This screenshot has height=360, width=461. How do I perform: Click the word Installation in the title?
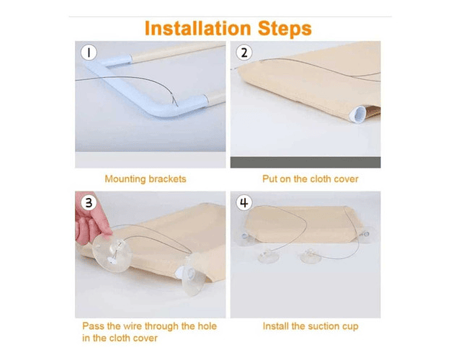coord(198,29)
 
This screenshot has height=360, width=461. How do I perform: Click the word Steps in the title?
coord(285,29)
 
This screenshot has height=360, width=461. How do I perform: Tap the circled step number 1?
coord(89,53)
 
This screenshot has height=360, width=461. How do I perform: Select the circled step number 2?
coord(244,53)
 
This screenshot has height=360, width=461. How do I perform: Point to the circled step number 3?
coord(89,203)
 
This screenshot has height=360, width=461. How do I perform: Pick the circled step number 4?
coord(244,203)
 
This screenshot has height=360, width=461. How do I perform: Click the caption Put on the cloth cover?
coord(310,179)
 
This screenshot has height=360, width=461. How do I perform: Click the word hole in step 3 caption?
coord(207,326)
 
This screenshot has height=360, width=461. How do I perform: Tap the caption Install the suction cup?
coord(310,326)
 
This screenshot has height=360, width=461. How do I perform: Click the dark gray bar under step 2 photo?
coord(305,163)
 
